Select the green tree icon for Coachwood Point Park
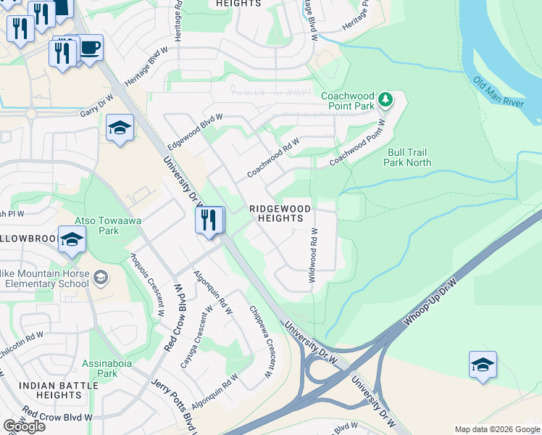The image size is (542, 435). pyautogui.click(x=386, y=99)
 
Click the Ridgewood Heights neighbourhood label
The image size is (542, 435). pyautogui.click(x=280, y=213)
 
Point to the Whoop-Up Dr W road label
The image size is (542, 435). pyautogui.click(x=435, y=299)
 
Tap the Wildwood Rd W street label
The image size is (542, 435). pyautogui.click(x=314, y=255)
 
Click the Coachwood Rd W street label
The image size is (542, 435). pyautogui.click(x=273, y=159)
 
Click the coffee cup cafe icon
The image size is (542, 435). pyautogui.click(x=90, y=49)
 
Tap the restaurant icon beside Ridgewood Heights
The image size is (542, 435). pyautogui.click(x=209, y=220)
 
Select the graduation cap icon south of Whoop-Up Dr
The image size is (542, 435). pyautogui.click(x=483, y=364)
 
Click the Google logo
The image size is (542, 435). pyautogui.click(x=24, y=426)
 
